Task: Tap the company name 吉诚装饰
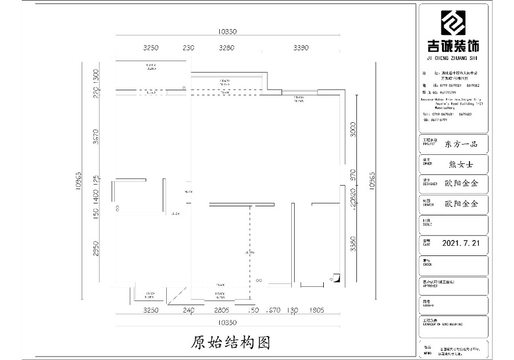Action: [x=453, y=46]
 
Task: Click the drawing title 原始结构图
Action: [x=230, y=342]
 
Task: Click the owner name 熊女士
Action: [x=461, y=165]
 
